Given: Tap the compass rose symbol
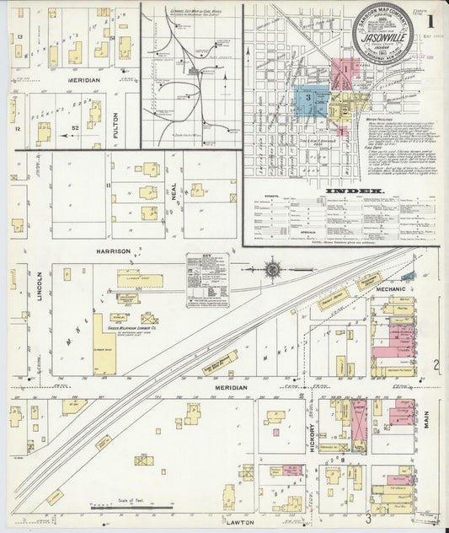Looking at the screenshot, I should click(x=273, y=269).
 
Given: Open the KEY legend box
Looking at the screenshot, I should click(x=206, y=279).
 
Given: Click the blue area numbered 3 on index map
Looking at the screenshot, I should click(x=309, y=99).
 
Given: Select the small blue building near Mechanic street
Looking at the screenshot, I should click(x=408, y=276).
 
